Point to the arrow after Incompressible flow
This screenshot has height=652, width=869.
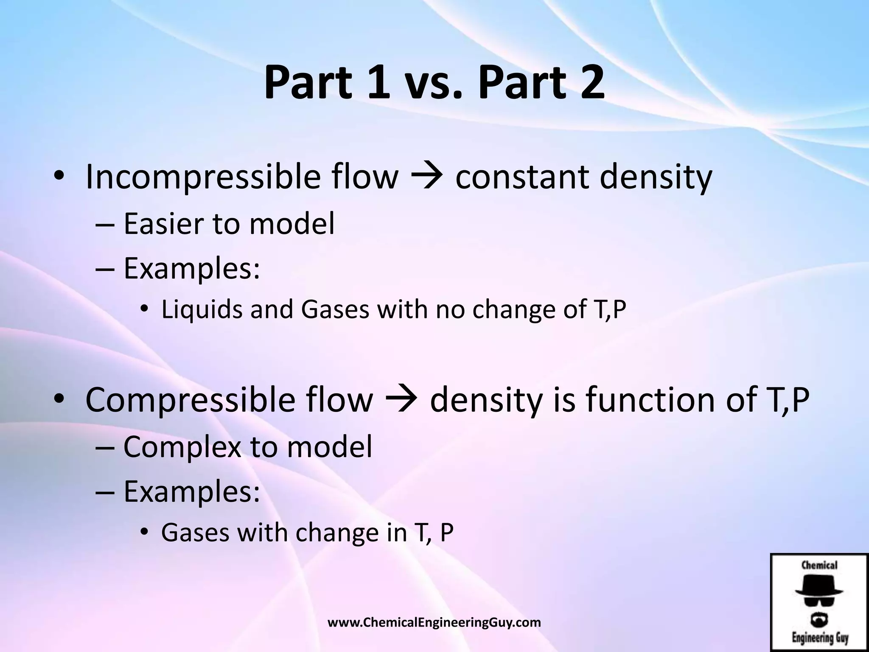[427, 177]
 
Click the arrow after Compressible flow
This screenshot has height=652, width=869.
[402, 401]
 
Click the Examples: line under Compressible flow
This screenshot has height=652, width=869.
[191, 492]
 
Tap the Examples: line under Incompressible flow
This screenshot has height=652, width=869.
[191, 269]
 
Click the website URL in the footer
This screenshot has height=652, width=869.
[434, 622]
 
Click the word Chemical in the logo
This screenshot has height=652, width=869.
[819, 565]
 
